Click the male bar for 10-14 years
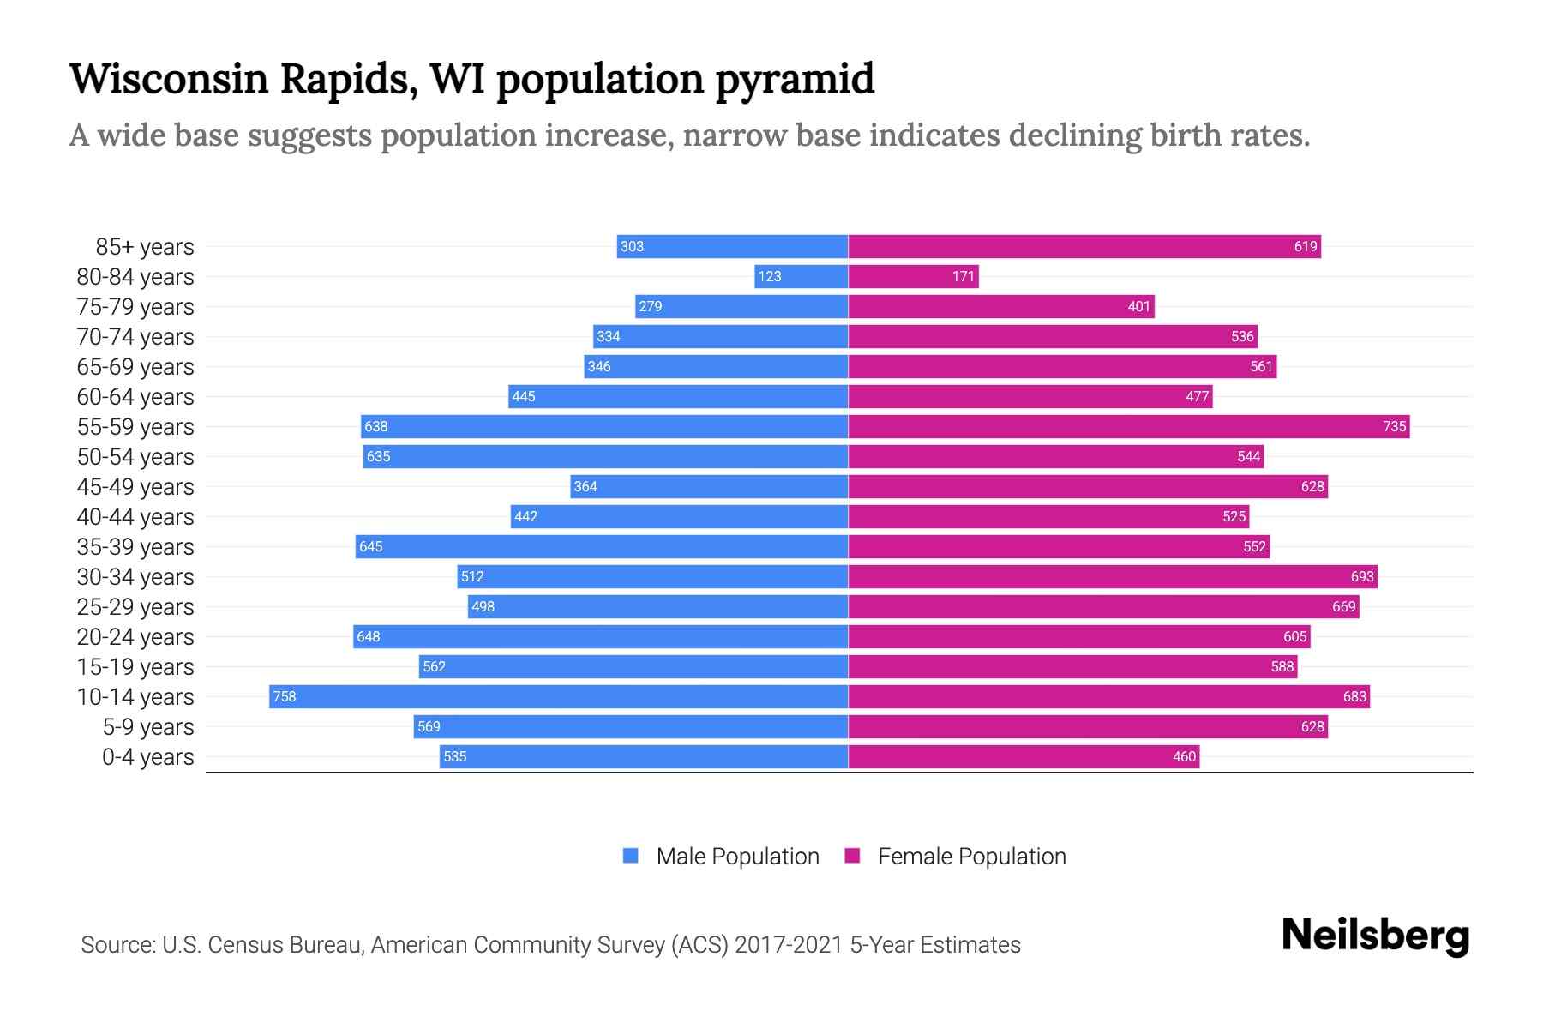(x=557, y=696)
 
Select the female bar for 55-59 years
(x=1128, y=426)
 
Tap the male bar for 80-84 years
(x=801, y=276)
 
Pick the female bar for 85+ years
(x=1084, y=246)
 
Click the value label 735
(x=1394, y=426)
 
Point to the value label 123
(x=770, y=276)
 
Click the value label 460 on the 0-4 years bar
(x=1184, y=756)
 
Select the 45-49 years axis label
(x=135, y=486)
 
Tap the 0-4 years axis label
(x=147, y=756)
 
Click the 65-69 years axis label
(x=135, y=366)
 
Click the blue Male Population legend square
(x=631, y=856)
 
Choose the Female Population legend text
(x=971, y=856)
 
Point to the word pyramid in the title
(x=795, y=79)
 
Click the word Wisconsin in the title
(x=169, y=79)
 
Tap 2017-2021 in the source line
(x=789, y=944)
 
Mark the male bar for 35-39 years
(x=602, y=546)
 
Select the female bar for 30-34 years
(x=1113, y=576)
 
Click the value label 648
(x=369, y=636)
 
